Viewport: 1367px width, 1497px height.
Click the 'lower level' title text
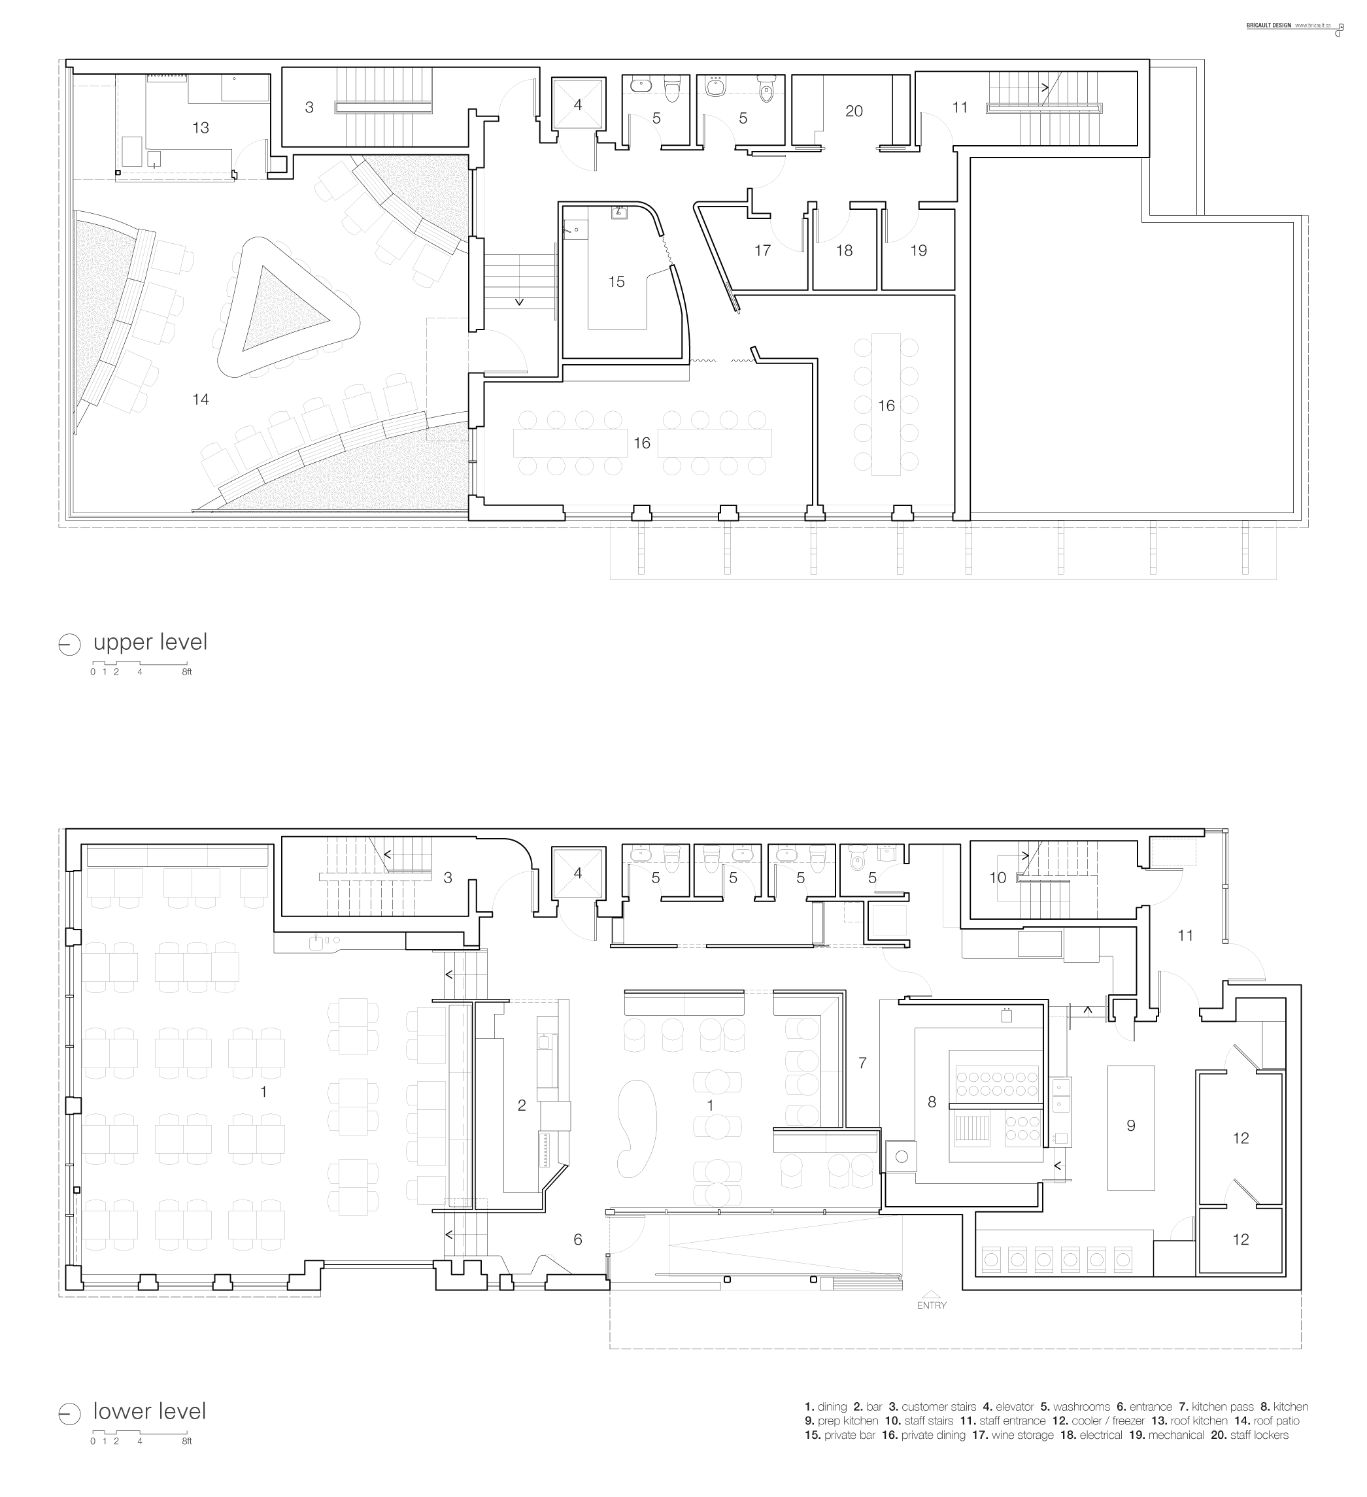point(149,1411)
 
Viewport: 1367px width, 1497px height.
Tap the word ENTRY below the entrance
point(931,1305)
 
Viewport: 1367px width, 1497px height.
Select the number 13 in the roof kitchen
point(201,127)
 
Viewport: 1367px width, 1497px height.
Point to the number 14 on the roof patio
point(201,399)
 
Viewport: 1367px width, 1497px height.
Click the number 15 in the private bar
point(616,282)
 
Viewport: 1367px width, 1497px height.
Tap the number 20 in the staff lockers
point(854,110)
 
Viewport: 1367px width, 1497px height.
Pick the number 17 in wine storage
point(762,250)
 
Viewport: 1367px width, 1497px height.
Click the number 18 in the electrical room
point(844,250)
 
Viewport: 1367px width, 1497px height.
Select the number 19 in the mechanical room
point(919,250)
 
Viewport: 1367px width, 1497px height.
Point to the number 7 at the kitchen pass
point(862,1062)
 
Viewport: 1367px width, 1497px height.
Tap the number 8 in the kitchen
point(932,1102)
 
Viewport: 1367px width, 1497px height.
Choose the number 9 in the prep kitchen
point(1131,1126)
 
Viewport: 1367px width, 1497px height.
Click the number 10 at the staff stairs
point(997,878)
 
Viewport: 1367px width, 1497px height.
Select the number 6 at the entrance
point(578,1239)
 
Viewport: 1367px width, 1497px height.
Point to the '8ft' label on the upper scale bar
point(186,672)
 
